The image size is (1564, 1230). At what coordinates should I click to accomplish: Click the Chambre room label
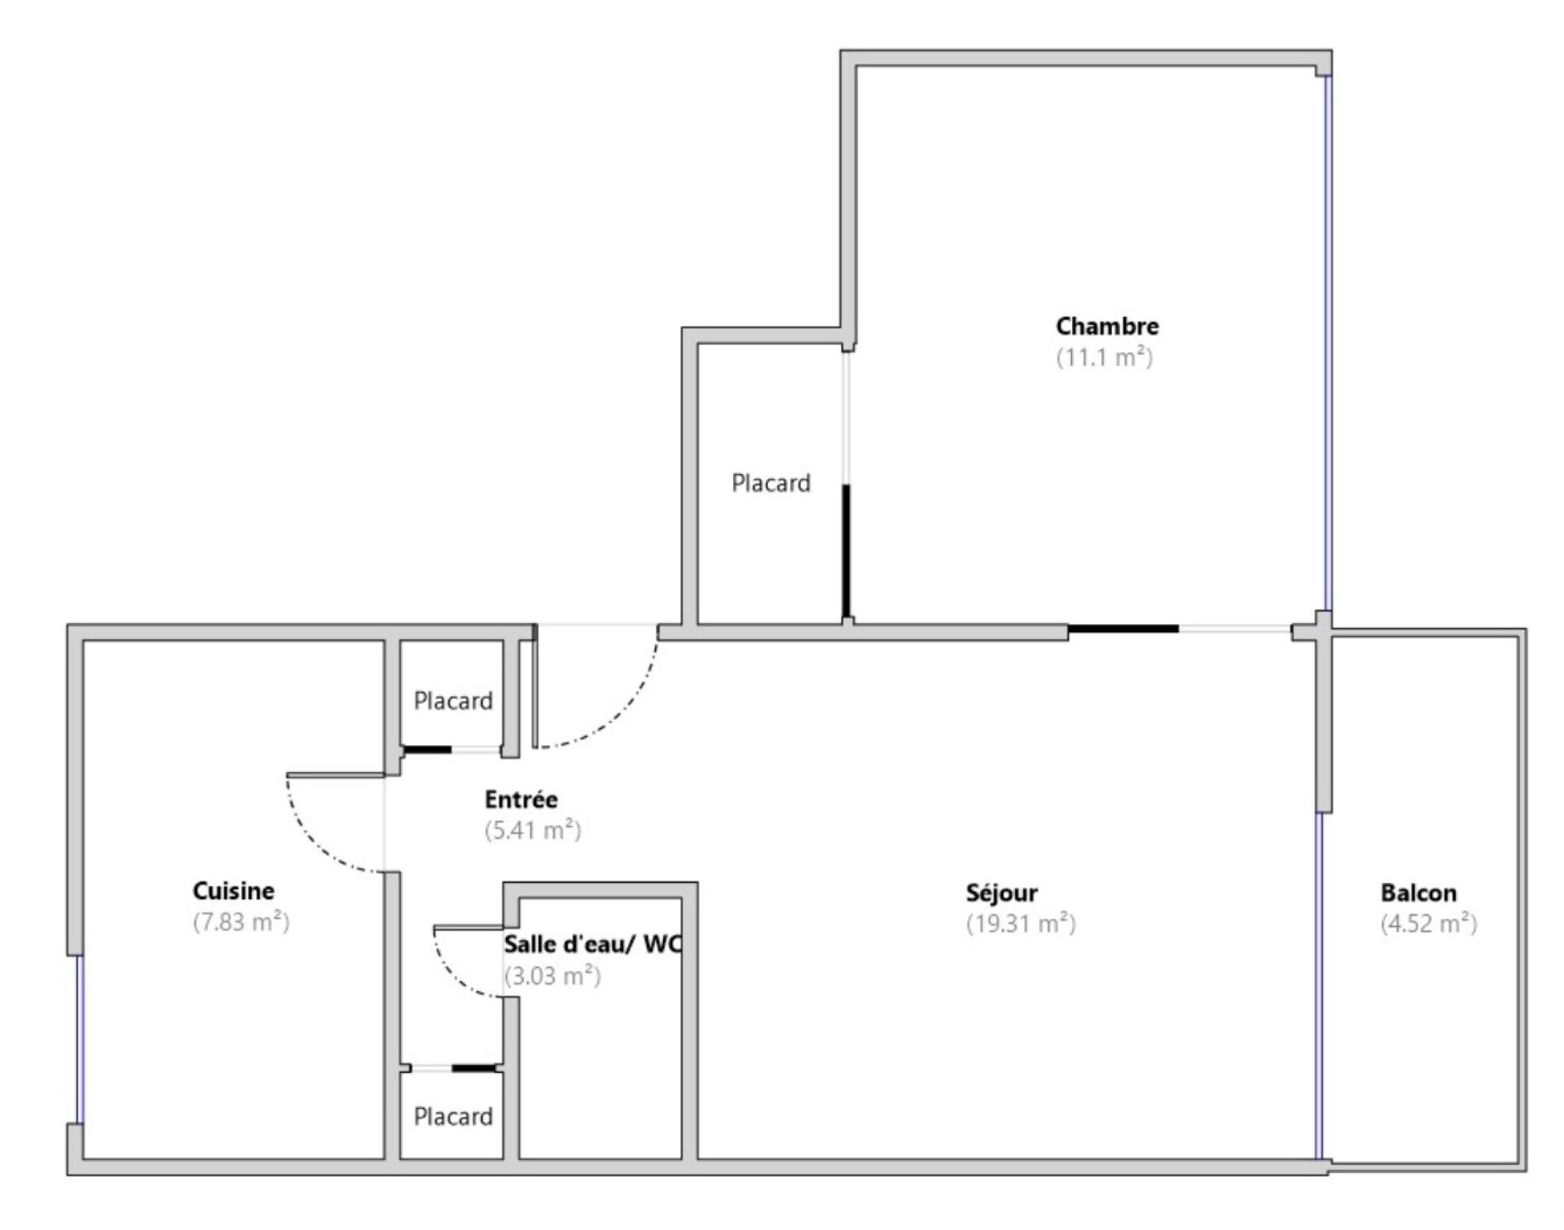coord(1107,326)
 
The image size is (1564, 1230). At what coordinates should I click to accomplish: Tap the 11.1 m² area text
coord(1105,357)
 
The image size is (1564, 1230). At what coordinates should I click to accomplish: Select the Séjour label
coord(1002,893)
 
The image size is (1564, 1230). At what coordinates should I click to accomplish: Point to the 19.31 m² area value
coord(1021,923)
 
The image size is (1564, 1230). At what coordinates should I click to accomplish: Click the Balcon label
coord(1418,893)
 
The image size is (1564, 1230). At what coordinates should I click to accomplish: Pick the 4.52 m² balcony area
coord(1428,923)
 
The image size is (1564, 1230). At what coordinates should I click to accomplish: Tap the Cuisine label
coord(234,890)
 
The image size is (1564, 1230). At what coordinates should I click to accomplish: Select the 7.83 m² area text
coord(241,921)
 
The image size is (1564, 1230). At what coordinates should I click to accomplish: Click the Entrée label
coord(521,799)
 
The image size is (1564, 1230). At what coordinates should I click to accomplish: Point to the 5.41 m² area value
coord(533,830)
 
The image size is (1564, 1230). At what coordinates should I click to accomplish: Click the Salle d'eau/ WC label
coord(592,944)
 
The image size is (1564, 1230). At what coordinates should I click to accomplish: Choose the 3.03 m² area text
coord(552,975)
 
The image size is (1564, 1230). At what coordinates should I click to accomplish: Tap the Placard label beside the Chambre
coord(771,483)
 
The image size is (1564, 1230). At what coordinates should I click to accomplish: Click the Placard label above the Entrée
coord(453,701)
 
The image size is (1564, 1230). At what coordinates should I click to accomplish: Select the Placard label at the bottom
coord(453,1116)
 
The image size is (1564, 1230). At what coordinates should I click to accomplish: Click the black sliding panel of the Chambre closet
coord(846,551)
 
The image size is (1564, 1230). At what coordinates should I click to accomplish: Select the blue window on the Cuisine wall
coord(80,1039)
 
